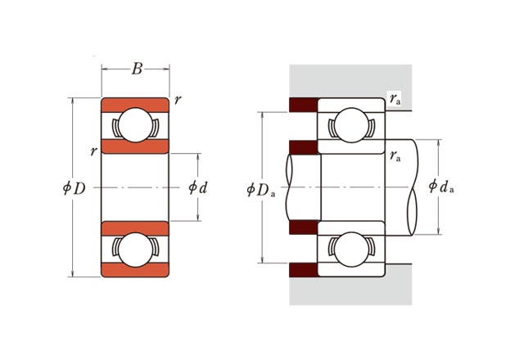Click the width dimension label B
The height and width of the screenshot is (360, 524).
point(137,69)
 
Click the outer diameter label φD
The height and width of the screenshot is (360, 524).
point(75,188)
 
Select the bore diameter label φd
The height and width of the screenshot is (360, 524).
point(198,187)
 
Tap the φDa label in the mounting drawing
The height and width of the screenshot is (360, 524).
point(261,190)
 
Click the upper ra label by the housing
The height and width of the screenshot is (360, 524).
point(395,99)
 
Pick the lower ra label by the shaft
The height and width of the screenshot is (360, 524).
point(395,156)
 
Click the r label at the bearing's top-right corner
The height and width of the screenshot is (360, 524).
point(178,99)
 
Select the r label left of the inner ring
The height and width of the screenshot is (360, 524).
point(93,151)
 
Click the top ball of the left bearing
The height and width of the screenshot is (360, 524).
point(135,125)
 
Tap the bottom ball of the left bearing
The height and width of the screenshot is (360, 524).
point(135,250)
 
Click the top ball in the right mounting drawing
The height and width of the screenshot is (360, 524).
point(351,125)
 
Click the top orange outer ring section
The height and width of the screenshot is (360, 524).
point(135,105)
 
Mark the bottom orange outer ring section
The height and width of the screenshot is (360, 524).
point(135,270)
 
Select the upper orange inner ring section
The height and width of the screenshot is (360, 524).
point(135,146)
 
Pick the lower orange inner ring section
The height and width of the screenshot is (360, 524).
point(135,228)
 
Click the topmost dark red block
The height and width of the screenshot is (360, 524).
point(303,105)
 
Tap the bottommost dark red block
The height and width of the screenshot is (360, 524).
point(303,270)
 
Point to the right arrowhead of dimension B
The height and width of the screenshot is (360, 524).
point(166,69)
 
